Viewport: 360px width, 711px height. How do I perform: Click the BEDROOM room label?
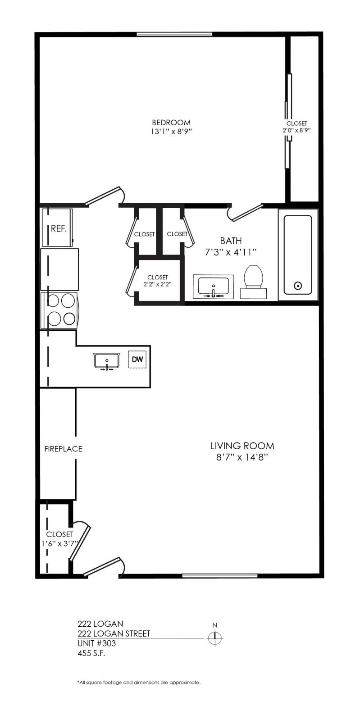pos(171,123)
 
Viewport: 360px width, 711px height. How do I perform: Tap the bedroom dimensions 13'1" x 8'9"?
pos(171,132)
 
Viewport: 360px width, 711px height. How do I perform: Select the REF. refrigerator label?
pos(59,228)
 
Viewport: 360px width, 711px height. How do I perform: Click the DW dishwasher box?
pos(137,359)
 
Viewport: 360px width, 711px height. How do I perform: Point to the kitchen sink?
pos(107,361)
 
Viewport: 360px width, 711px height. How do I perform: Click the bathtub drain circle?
pos(298,286)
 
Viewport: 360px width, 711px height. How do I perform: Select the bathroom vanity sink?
pos(213,287)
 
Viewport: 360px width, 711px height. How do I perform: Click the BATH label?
pos(231,241)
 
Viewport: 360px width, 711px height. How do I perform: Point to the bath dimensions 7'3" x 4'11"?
pos(231,252)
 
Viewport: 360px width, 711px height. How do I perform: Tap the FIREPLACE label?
pos(63,449)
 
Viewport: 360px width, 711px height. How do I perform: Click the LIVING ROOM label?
pos(242,446)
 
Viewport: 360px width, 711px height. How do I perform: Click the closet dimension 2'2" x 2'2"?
pos(157,284)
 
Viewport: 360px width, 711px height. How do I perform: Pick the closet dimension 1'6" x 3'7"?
pos(59,543)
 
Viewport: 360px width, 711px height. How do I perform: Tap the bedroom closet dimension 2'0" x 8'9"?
pos(297,130)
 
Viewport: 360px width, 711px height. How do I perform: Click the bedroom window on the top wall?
pos(174,34)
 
